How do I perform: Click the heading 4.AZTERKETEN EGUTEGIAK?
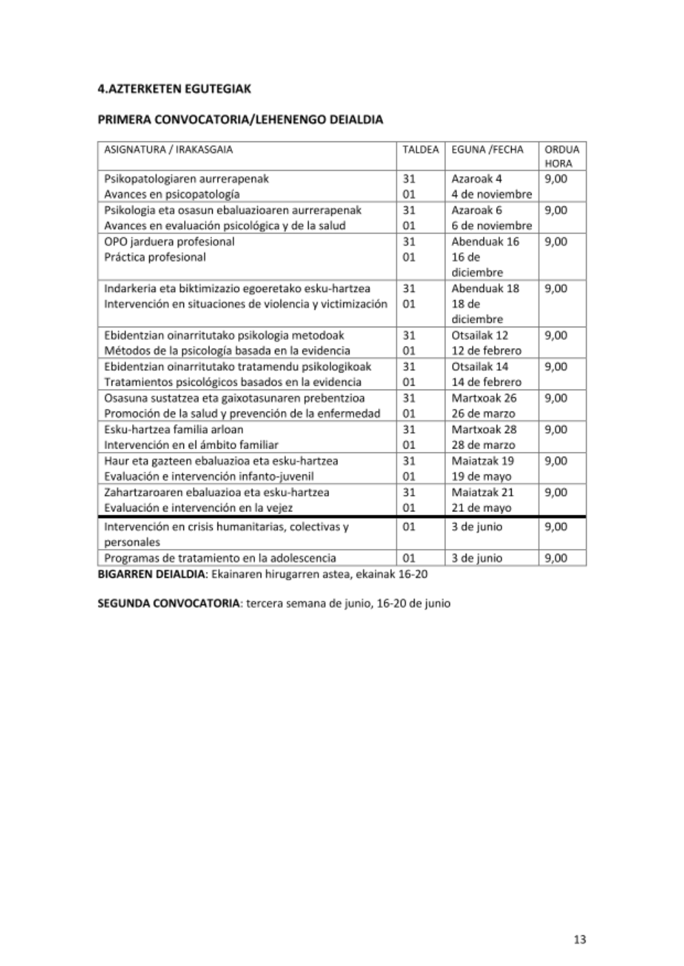pyautogui.click(x=174, y=88)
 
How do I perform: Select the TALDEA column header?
pyautogui.click(x=420, y=150)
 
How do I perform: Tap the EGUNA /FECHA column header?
pyautogui.click(x=487, y=150)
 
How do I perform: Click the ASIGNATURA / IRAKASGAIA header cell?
pyautogui.click(x=168, y=150)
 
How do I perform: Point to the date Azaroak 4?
pyautogui.click(x=476, y=179)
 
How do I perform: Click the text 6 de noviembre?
pyautogui.click(x=491, y=226)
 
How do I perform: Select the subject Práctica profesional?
pyautogui.click(x=155, y=257)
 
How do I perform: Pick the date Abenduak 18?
pyautogui.click(x=485, y=289)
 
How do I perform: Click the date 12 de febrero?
pyautogui.click(x=486, y=351)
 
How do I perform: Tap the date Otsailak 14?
pyautogui.click(x=479, y=366)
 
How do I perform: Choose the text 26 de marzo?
pyautogui.click(x=483, y=414)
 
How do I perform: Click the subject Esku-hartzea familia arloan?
pyautogui.click(x=173, y=429)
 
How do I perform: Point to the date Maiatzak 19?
pyautogui.click(x=482, y=461)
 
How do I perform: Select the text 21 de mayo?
pyautogui.click(x=481, y=508)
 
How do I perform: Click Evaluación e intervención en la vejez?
pyautogui.click(x=198, y=508)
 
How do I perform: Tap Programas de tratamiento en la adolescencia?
pyautogui.click(x=220, y=558)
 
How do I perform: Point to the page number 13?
pyautogui.click(x=579, y=939)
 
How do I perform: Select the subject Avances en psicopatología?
pyautogui.click(x=172, y=194)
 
